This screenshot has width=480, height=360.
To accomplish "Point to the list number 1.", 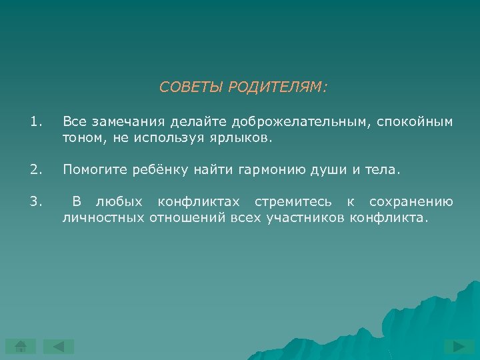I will [x=36, y=122].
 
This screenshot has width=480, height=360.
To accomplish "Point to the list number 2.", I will [x=36, y=170].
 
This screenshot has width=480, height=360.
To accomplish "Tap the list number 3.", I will [x=36, y=202].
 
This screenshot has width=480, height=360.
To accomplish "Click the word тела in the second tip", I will [x=384, y=170].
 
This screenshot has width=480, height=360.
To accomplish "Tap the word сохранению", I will [x=411, y=202].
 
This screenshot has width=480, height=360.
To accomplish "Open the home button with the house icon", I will [x=21, y=347].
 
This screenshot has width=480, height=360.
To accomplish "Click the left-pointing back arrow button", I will [x=59, y=347].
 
